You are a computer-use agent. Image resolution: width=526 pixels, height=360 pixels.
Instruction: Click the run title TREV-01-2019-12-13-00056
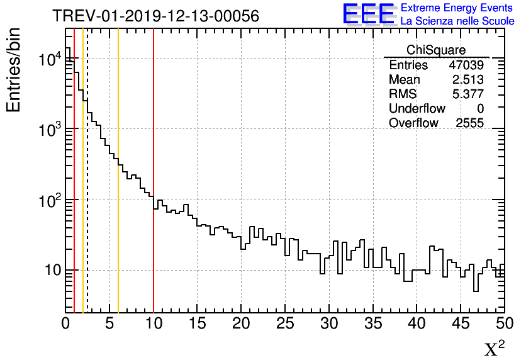click(155, 16)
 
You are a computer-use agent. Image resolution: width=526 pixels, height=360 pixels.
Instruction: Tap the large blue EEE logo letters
click(369, 14)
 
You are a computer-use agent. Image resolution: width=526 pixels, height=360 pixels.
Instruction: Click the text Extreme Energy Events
click(457, 8)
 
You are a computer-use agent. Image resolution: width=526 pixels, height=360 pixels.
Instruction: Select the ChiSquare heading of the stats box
click(436, 50)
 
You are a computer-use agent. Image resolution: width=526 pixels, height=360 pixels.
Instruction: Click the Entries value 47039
click(466, 65)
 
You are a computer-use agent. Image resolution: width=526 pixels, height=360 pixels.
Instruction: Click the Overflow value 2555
click(469, 123)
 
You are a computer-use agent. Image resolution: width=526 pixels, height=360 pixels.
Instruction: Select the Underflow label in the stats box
click(417, 109)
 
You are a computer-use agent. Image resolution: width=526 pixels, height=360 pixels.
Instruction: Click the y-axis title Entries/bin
click(14, 70)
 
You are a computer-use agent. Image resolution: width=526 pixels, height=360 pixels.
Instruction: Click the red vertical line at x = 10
click(154, 252)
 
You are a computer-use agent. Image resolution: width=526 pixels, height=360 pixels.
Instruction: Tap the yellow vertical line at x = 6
click(118, 252)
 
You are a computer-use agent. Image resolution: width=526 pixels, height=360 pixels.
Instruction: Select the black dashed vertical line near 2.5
click(87, 252)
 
